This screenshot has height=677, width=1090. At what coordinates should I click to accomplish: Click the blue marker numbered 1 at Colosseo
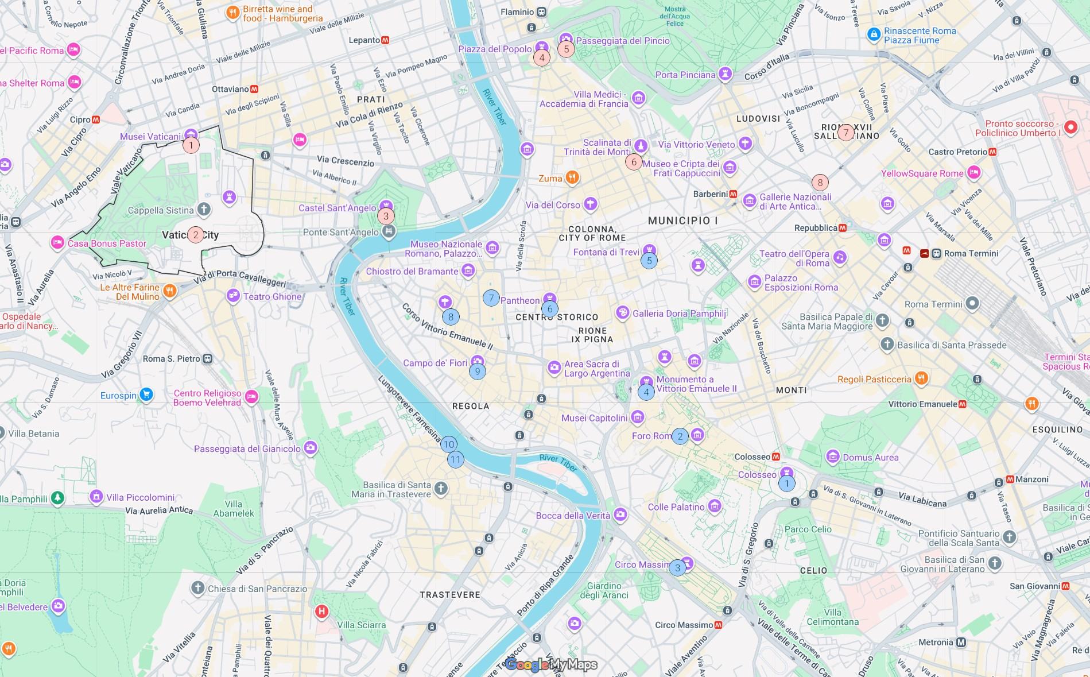[786, 483]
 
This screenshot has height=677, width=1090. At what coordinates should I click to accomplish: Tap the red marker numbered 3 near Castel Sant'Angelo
[386, 216]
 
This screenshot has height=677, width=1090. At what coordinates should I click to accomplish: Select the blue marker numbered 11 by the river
[455, 459]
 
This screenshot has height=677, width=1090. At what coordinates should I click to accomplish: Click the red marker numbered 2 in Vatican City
[196, 235]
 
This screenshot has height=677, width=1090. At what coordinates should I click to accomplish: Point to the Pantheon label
[519, 300]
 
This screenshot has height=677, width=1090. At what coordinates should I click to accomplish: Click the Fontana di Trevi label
[606, 252]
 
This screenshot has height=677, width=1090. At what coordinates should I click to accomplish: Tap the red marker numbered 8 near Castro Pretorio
[820, 183]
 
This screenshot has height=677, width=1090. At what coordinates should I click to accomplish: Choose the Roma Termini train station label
[971, 253]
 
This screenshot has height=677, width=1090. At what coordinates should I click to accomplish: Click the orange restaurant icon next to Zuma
[572, 177]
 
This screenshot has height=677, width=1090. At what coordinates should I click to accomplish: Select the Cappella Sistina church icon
[204, 210]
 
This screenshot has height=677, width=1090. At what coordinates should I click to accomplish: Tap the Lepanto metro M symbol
[385, 40]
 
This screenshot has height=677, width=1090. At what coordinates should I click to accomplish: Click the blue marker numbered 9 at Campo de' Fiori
[477, 372]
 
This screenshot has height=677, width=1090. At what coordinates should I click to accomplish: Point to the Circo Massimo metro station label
[684, 625]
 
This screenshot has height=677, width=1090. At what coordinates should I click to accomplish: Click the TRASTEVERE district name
[449, 595]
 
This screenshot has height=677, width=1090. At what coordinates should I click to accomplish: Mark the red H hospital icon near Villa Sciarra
[321, 611]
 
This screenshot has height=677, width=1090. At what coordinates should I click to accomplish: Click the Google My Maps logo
[551, 665]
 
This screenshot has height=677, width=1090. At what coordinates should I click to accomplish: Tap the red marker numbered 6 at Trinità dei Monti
[634, 162]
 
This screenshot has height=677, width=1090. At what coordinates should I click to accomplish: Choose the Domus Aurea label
[870, 458]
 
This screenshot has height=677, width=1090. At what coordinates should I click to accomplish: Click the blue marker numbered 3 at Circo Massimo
[677, 568]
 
